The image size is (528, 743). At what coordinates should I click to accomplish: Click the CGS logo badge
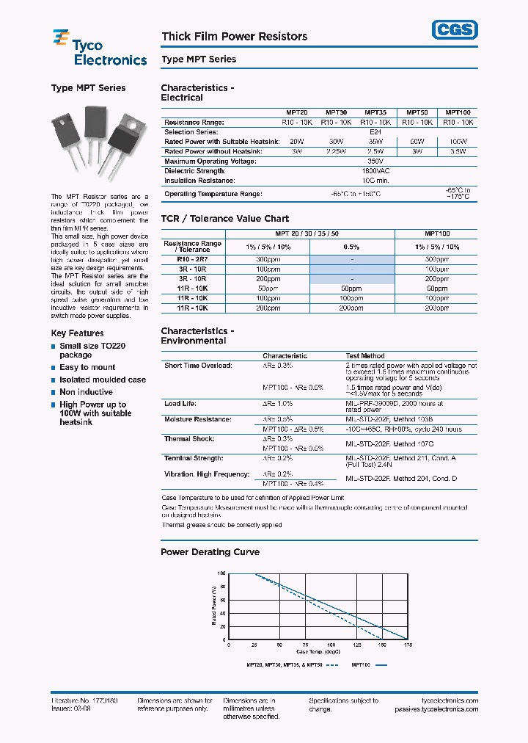(454, 29)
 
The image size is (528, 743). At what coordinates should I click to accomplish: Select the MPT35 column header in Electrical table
(375, 113)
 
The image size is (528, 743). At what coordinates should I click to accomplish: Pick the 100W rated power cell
(458, 141)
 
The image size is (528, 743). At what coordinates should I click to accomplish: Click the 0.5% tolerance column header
(351, 247)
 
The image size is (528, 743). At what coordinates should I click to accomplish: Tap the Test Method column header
(362, 356)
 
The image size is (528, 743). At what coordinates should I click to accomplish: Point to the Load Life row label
(180, 403)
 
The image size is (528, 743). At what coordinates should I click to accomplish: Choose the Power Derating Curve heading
(210, 552)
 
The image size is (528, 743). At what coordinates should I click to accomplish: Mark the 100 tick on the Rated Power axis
(221, 573)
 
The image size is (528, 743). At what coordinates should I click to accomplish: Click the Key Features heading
(77, 333)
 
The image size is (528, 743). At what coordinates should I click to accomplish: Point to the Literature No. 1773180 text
(84, 700)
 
